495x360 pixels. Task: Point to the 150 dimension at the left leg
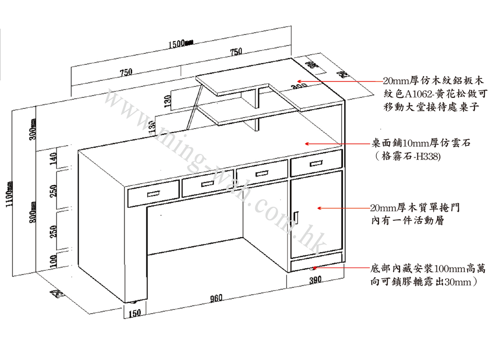coord(135,313)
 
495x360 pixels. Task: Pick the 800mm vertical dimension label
coord(33,210)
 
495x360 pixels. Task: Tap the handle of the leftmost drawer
coord(154,195)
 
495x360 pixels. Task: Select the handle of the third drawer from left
coord(262,174)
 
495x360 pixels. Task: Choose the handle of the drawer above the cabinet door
coord(316,163)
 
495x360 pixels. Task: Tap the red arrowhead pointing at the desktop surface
coord(307,143)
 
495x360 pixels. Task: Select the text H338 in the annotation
coord(428,157)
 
